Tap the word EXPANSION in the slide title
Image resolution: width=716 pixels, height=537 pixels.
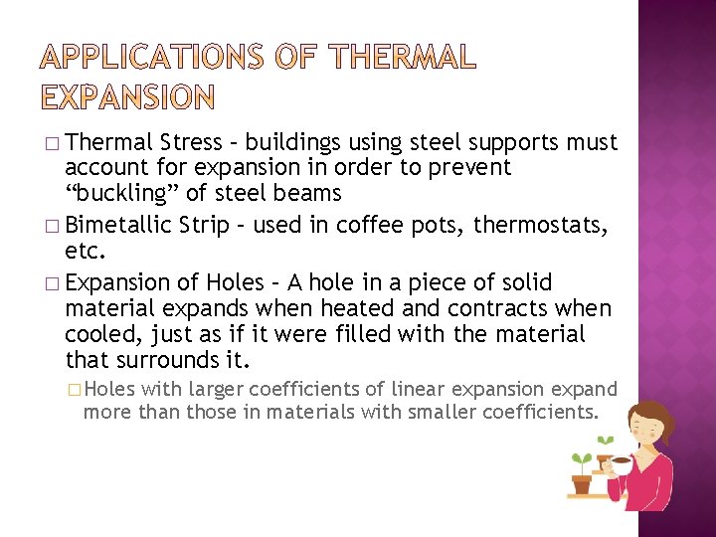click(x=127, y=96)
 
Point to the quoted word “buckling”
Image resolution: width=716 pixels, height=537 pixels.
click(x=122, y=193)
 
